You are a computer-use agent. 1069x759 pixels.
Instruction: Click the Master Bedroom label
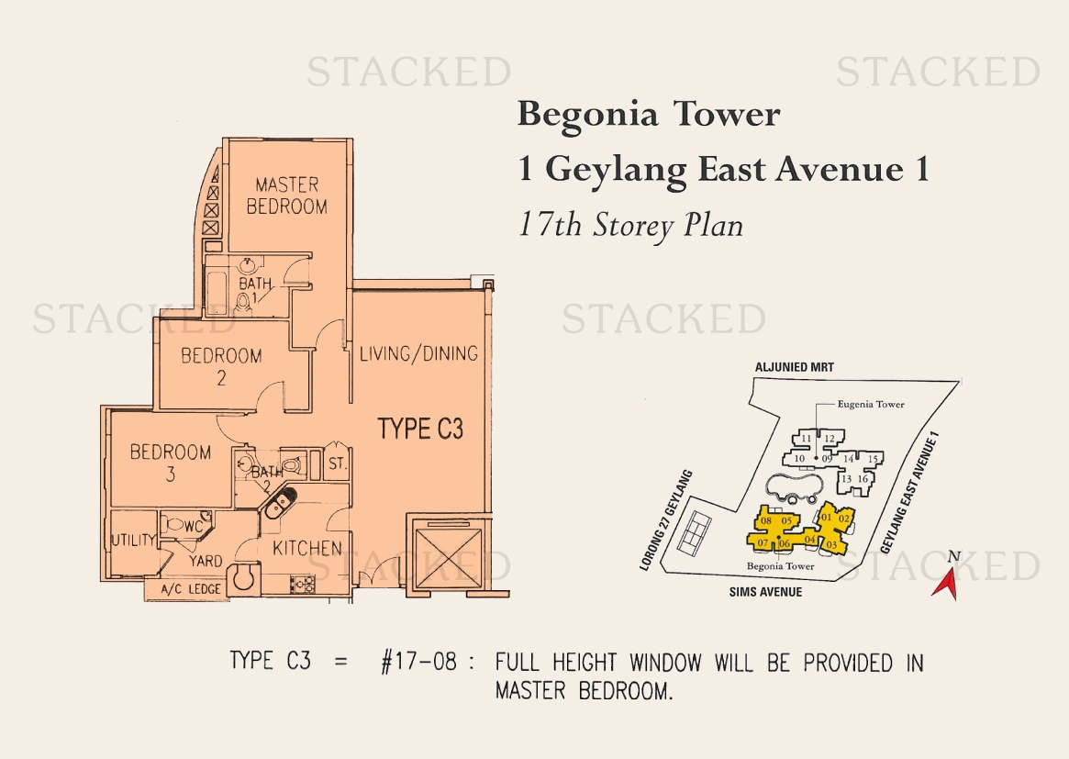point(287,195)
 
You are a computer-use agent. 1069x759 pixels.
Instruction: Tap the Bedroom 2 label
point(221,366)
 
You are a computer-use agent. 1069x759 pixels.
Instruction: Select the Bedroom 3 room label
point(171,463)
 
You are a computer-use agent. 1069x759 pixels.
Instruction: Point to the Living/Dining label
point(418,353)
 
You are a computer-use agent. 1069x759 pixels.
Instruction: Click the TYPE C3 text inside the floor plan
point(420,429)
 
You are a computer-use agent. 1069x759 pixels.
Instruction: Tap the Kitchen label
point(307,548)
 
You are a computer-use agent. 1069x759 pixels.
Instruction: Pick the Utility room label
point(134,540)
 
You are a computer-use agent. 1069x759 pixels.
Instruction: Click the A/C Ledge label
point(191,589)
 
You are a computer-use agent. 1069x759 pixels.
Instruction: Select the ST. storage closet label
point(338,464)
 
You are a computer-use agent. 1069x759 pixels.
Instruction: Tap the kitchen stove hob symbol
point(303,584)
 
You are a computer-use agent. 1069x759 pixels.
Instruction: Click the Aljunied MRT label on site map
point(795,367)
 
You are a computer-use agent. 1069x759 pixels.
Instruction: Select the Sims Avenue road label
point(765,592)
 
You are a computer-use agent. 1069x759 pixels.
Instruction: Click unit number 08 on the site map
point(766,521)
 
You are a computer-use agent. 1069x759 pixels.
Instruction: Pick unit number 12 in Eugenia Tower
point(829,439)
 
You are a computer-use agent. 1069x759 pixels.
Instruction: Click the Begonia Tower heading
point(649,114)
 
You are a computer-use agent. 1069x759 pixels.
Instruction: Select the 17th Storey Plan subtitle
point(630,226)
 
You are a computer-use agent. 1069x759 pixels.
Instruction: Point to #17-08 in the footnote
point(418,661)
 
